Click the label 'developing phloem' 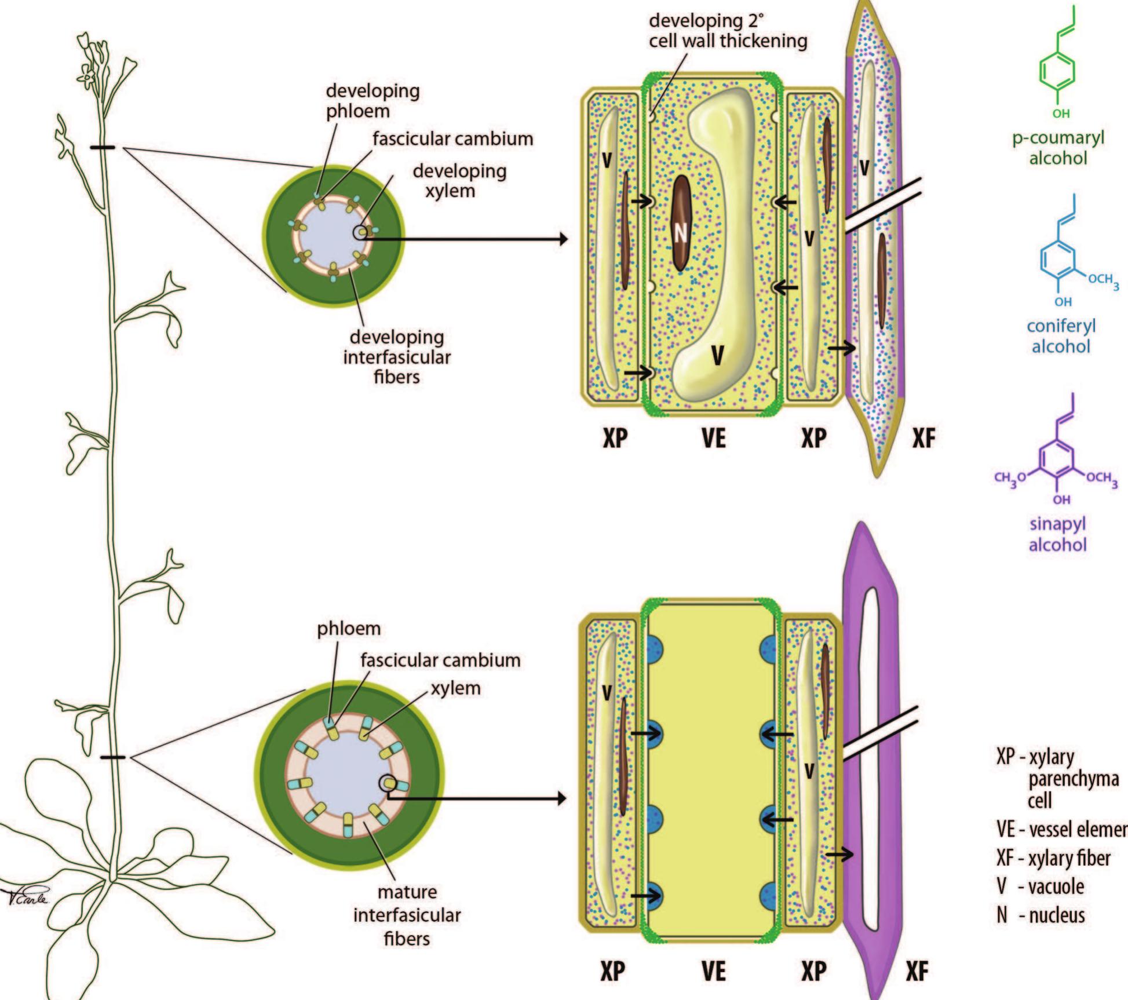372,101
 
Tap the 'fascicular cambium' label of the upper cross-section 452,139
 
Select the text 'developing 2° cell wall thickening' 727,31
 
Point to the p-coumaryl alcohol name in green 1058,148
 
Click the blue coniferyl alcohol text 1061,336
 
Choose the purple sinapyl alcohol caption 1057,534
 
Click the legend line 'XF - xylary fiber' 1053,858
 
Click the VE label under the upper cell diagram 713,439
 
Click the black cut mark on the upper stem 103,148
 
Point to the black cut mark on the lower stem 112,757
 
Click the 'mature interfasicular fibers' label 407,915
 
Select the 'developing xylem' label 459,180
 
